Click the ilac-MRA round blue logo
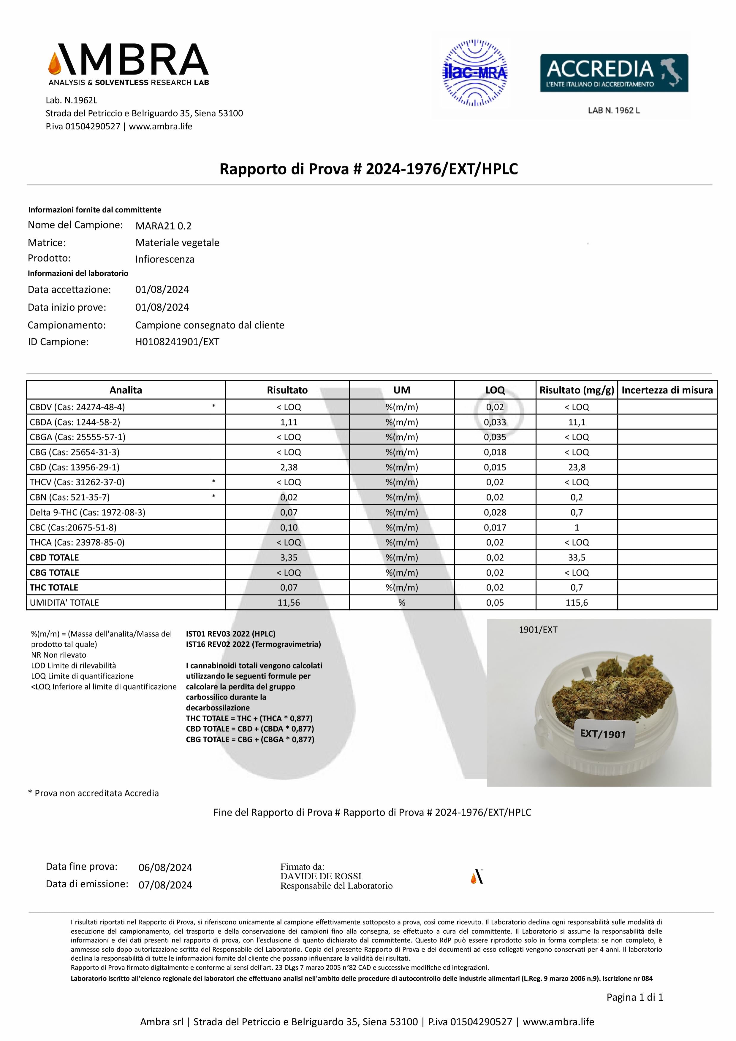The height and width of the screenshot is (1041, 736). pyautogui.click(x=475, y=73)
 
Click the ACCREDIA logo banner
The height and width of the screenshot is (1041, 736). pyautogui.click(x=613, y=73)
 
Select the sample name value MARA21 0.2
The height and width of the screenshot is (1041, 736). pyautogui.click(x=163, y=226)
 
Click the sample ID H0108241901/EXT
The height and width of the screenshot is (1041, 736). pyautogui.click(x=177, y=342)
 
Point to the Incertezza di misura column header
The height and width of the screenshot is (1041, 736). pyautogui.click(x=667, y=390)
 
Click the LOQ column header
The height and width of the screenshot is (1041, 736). pyautogui.click(x=495, y=390)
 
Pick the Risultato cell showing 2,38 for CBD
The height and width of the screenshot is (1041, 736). pyautogui.click(x=289, y=467)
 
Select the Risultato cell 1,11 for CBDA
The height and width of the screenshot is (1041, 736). pyautogui.click(x=289, y=422)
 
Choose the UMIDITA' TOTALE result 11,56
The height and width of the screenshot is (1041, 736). pyautogui.click(x=289, y=603)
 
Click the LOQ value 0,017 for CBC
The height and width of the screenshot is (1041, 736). pyautogui.click(x=495, y=527)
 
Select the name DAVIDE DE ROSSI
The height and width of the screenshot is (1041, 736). pyautogui.click(x=321, y=876)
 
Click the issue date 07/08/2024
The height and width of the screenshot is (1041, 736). pyautogui.click(x=165, y=885)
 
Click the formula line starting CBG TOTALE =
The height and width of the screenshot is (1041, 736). pyautogui.click(x=250, y=740)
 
